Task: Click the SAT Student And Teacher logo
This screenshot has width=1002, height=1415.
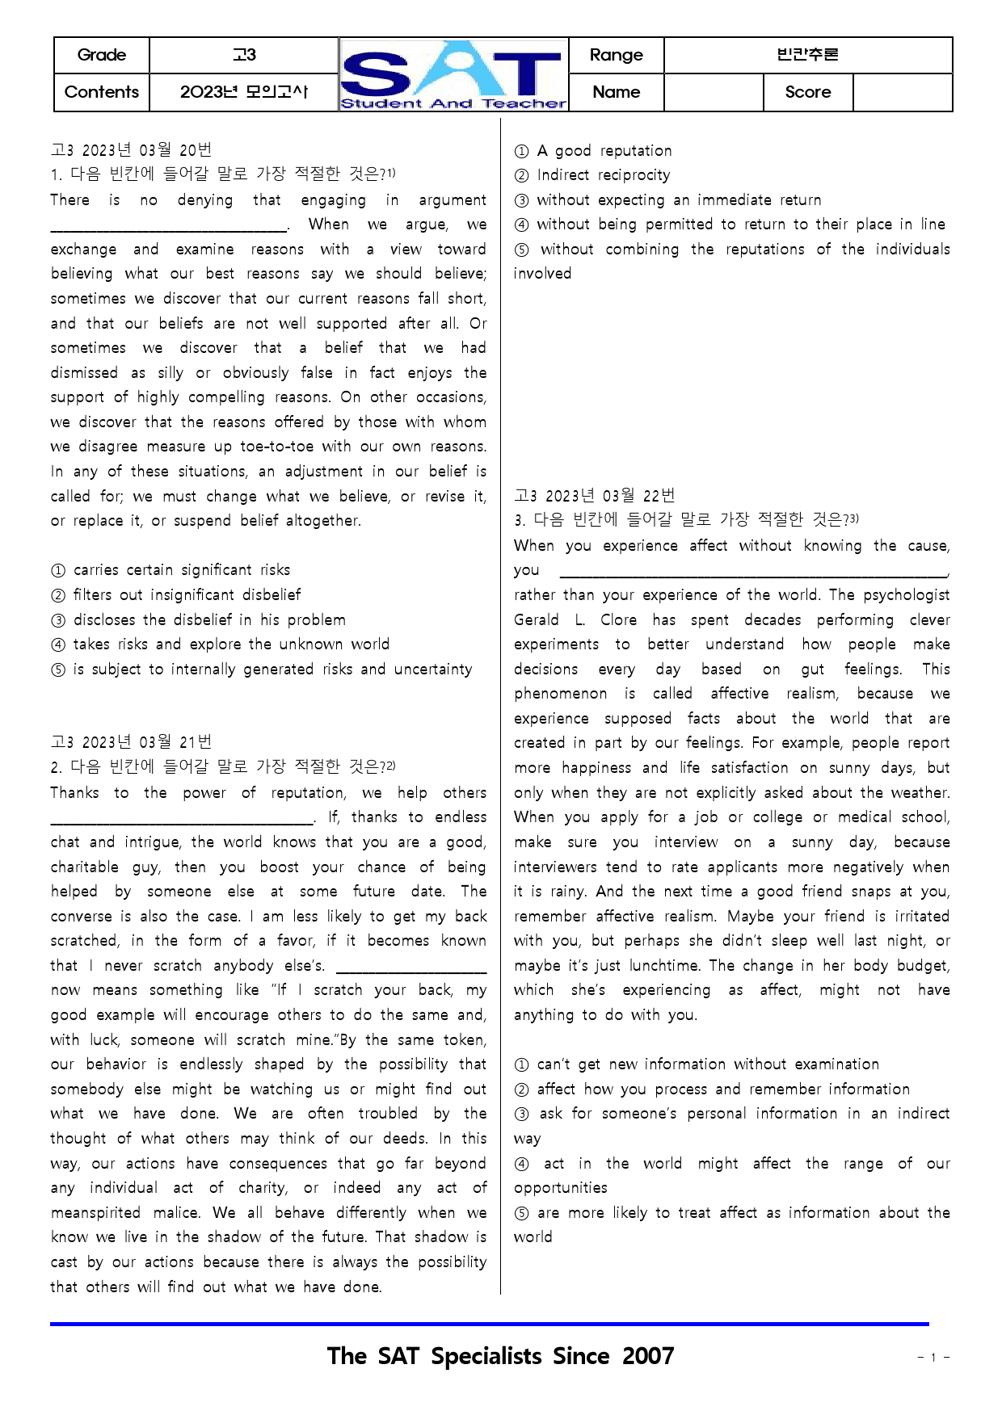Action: (453, 75)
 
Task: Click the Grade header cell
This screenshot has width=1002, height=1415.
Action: (102, 55)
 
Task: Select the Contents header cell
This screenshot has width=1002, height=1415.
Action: (102, 92)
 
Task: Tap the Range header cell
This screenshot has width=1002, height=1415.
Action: (616, 55)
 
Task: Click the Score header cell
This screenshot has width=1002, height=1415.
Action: (807, 92)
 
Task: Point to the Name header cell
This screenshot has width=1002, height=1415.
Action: (616, 92)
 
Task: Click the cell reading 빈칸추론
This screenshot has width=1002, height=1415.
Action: (807, 55)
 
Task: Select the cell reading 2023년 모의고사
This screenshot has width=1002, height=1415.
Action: (243, 92)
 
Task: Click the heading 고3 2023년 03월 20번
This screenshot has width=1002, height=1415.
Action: (131, 150)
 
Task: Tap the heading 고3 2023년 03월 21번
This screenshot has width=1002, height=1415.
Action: (131, 742)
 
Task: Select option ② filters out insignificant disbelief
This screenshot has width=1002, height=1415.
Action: (175, 595)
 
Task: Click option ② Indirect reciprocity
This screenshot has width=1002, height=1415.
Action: (592, 175)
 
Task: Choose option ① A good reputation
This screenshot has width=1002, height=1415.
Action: (593, 151)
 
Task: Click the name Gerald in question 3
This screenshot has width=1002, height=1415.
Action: (536, 620)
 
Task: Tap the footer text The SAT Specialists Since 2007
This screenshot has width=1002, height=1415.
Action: (500, 1356)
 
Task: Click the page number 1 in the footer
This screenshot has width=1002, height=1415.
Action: (933, 1358)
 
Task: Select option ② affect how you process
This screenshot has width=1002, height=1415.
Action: (712, 1090)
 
